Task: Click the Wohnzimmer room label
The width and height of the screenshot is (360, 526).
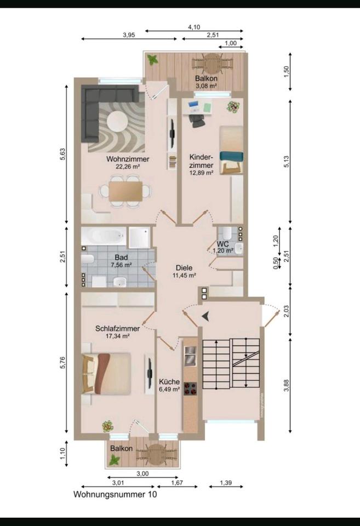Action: [128, 159]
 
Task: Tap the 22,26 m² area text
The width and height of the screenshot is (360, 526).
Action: [128, 167]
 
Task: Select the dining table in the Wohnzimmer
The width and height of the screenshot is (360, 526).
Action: [125, 191]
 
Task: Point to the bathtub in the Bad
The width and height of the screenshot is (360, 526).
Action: [104, 236]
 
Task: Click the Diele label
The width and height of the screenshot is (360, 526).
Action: [184, 268]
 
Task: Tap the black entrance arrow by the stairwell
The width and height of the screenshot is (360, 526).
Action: [205, 316]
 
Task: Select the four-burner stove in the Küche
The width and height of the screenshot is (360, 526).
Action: [190, 388]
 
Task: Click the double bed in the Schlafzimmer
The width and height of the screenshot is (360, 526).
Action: [106, 374]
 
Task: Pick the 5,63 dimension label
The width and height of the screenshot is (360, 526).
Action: [63, 155]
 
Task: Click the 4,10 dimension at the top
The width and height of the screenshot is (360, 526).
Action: [194, 27]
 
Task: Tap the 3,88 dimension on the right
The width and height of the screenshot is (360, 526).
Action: [286, 385]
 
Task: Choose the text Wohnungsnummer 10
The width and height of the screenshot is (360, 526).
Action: [115, 494]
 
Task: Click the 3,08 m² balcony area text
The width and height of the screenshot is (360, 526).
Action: [207, 86]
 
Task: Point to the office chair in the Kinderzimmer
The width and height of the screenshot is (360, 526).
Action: [197, 121]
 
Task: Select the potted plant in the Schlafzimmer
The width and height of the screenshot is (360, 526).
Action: [108, 426]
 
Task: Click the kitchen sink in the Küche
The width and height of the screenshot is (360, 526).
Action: [190, 356]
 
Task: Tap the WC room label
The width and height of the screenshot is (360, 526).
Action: [223, 244]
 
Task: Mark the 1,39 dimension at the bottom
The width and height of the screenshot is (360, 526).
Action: [226, 483]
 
